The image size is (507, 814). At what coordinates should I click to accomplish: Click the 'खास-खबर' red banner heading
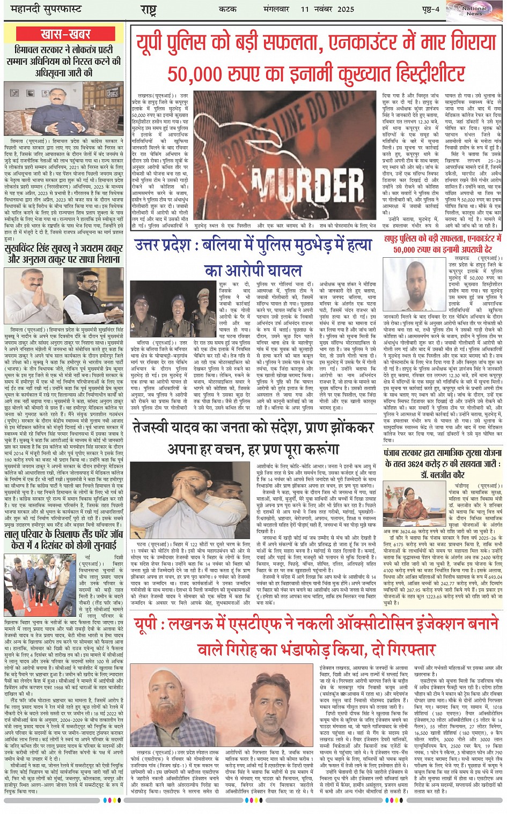click(65, 34)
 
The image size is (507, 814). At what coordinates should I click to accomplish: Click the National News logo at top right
click(474, 10)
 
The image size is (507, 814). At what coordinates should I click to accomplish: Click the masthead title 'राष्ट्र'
click(148, 10)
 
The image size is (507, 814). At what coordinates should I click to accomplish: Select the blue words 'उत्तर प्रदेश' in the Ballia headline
click(170, 245)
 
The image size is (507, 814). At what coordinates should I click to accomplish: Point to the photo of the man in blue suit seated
click(64, 112)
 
